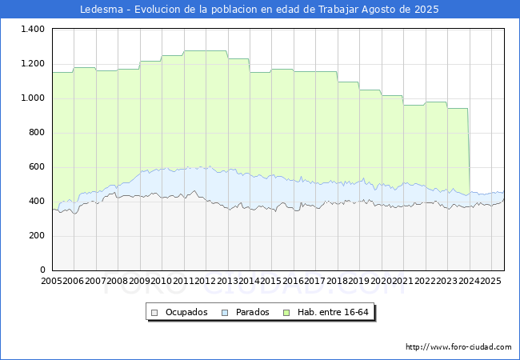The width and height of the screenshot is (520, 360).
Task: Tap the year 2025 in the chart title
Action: coord(426,10)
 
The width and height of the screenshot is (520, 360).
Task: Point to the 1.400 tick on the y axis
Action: coord(33,29)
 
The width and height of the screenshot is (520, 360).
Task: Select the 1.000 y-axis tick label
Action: coord(33,98)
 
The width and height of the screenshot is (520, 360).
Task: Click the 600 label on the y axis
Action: coord(37,166)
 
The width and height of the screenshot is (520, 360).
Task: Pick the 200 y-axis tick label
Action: coord(37,236)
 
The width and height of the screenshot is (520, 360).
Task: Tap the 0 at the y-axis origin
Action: coord(42,270)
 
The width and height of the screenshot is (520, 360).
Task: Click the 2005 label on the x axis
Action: coord(51,281)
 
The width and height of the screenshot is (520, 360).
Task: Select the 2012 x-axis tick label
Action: coord(206,281)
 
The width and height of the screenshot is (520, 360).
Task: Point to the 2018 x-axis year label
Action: coord(338,281)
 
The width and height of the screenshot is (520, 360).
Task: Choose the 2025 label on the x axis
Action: coord(491,281)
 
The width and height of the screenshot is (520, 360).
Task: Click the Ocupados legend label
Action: coord(186,312)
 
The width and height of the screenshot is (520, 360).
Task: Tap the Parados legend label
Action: coord(252,312)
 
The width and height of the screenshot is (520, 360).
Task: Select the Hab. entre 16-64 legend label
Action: coord(333,312)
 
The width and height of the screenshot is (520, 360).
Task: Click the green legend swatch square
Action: coord(286,313)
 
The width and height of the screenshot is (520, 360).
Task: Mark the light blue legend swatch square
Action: coord(225,313)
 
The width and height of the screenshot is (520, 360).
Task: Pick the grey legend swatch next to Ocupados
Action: coord(154,313)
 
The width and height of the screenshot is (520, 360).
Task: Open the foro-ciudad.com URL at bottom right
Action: coord(458,347)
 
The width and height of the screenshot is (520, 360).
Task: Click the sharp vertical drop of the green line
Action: coord(469,151)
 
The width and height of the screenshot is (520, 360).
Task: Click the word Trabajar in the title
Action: coord(338,10)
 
